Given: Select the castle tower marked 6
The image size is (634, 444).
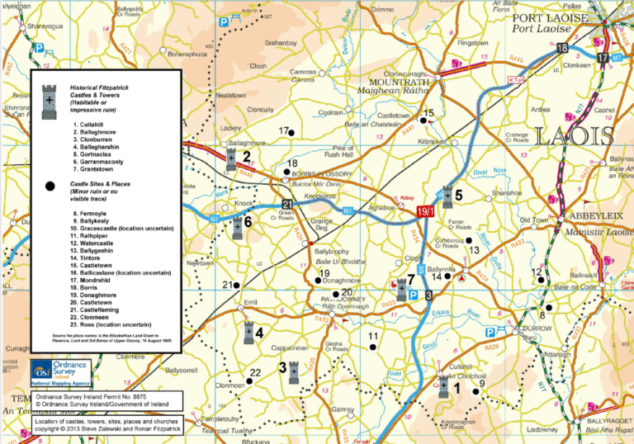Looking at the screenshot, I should click(237, 227).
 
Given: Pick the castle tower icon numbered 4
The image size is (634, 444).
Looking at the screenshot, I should click(249, 333).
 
